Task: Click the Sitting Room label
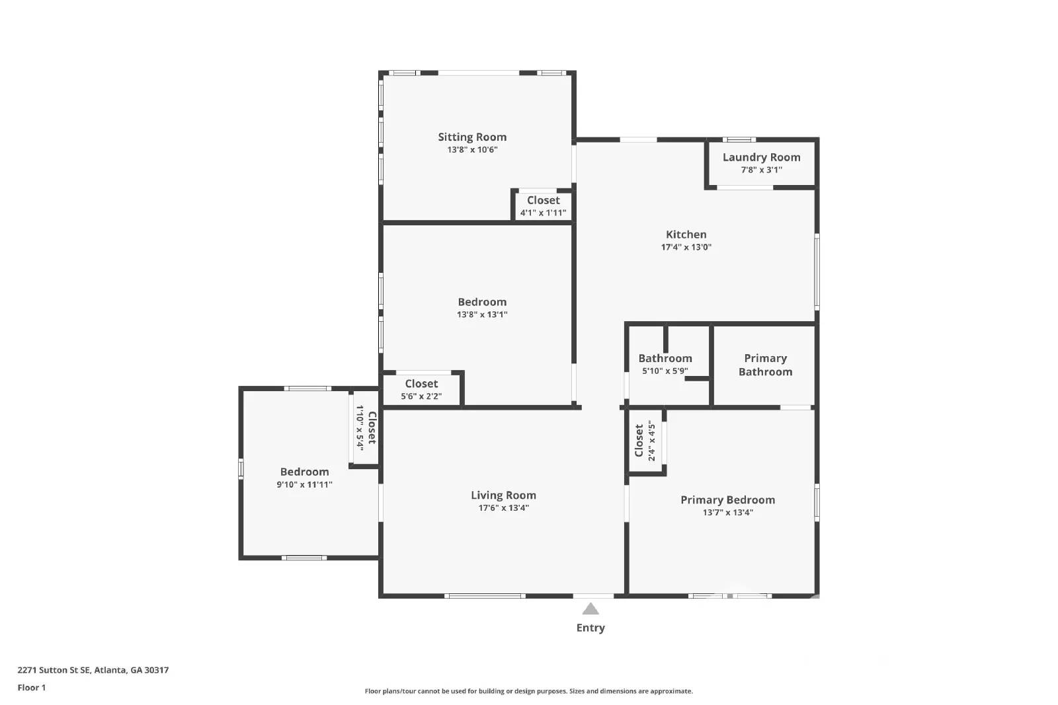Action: [472, 137]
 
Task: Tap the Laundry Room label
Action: [761, 157]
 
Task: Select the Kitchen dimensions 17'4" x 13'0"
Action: [686, 247]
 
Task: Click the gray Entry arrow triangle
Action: [590, 609]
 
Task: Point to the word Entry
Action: [590, 628]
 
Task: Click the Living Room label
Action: [503, 495]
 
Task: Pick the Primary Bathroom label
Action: [765, 365]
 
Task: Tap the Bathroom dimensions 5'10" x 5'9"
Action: [665, 371]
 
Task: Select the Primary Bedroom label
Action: [727, 500]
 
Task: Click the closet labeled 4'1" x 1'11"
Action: [543, 206]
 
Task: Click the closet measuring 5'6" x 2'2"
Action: [421, 390]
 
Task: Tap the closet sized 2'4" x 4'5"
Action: [645, 441]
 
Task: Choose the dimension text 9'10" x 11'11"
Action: [304, 484]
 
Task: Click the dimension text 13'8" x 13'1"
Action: [482, 315]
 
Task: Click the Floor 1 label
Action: [32, 688]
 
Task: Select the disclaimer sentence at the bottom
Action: [528, 691]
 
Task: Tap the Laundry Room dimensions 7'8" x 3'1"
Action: [761, 170]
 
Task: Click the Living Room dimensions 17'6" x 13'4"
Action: [503, 508]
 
